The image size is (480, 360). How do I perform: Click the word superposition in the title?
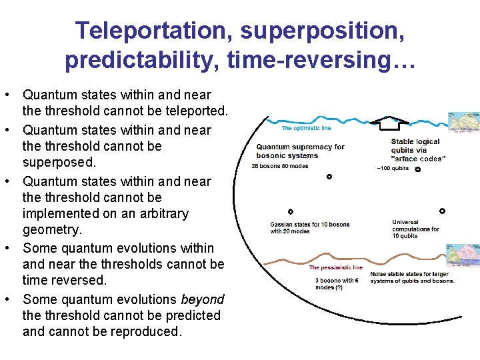pyautogui.click(x=315, y=30)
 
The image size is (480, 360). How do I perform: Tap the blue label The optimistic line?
pyautogui.click(x=306, y=128)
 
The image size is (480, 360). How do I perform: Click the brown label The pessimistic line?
pyautogui.click(x=335, y=267)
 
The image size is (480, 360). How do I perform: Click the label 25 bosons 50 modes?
pyautogui.click(x=280, y=166)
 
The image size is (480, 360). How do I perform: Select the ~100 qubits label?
pyautogui.click(x=393, y=169)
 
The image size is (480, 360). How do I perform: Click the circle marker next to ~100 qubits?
pyautogui.click(x=417, y=169)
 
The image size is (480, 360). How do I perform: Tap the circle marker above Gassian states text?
pyautogui.click(x=291, y=211)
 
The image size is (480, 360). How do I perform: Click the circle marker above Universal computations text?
pyautogui.click(x=441, y=211)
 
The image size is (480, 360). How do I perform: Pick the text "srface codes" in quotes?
pyautogui.click(x=418, y=159)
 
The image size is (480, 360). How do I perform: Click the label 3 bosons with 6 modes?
pyautogui.click(x=337, y=283)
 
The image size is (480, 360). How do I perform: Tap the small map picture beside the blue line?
pyautogui.click(x=463, y=122)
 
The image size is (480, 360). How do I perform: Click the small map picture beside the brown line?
pyautogui.click(x=463, y=257)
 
